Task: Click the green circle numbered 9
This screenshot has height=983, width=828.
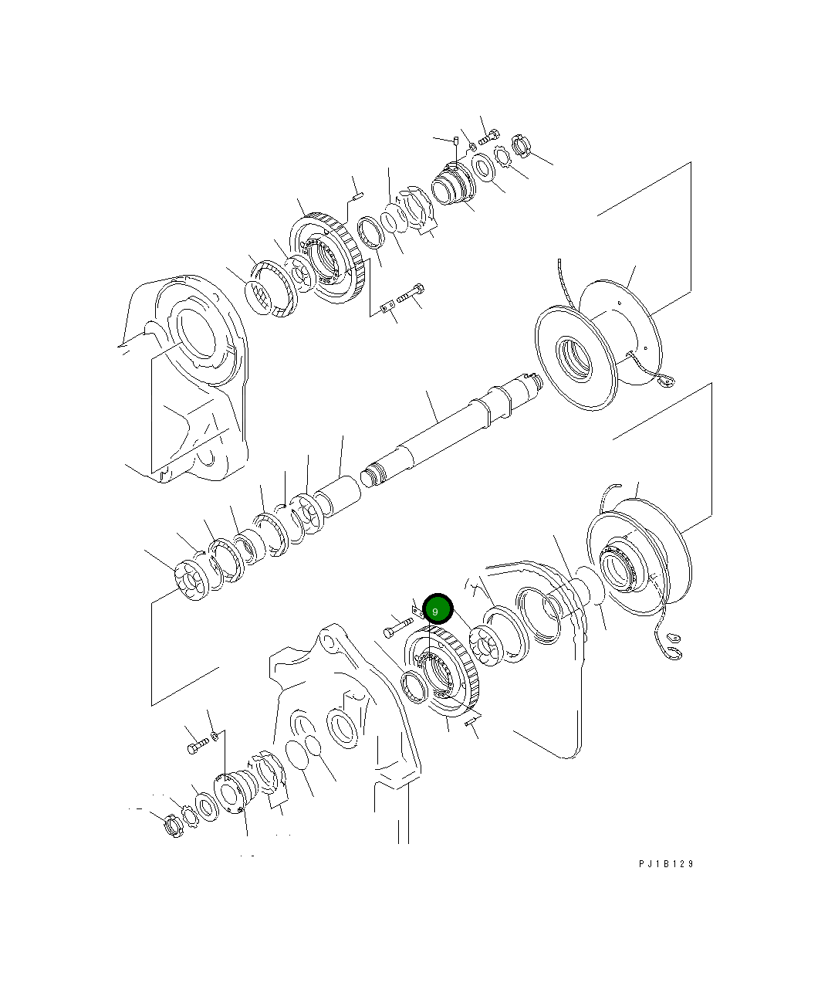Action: (x=436, y=611)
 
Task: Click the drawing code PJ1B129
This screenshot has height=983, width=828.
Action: (x=666, y=863)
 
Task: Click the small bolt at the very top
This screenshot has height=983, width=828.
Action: (x=488, y=137)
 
